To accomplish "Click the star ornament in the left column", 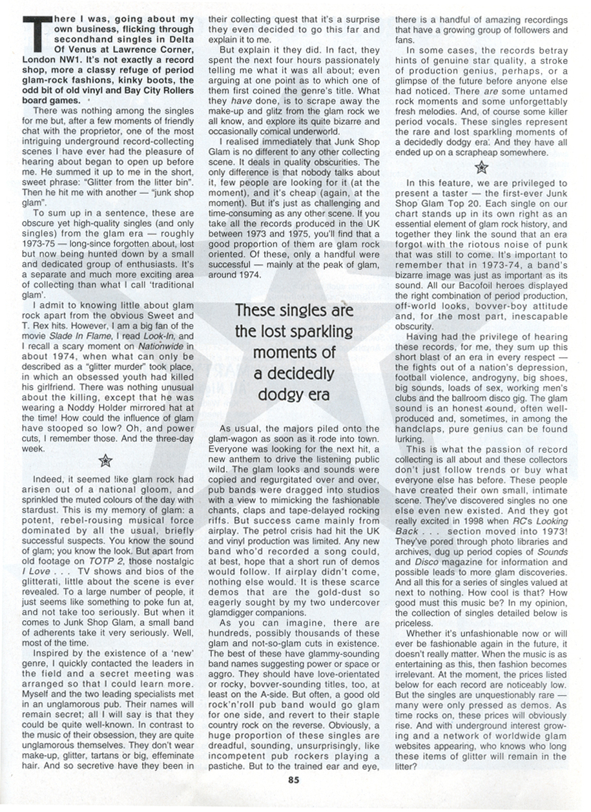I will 107,461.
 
